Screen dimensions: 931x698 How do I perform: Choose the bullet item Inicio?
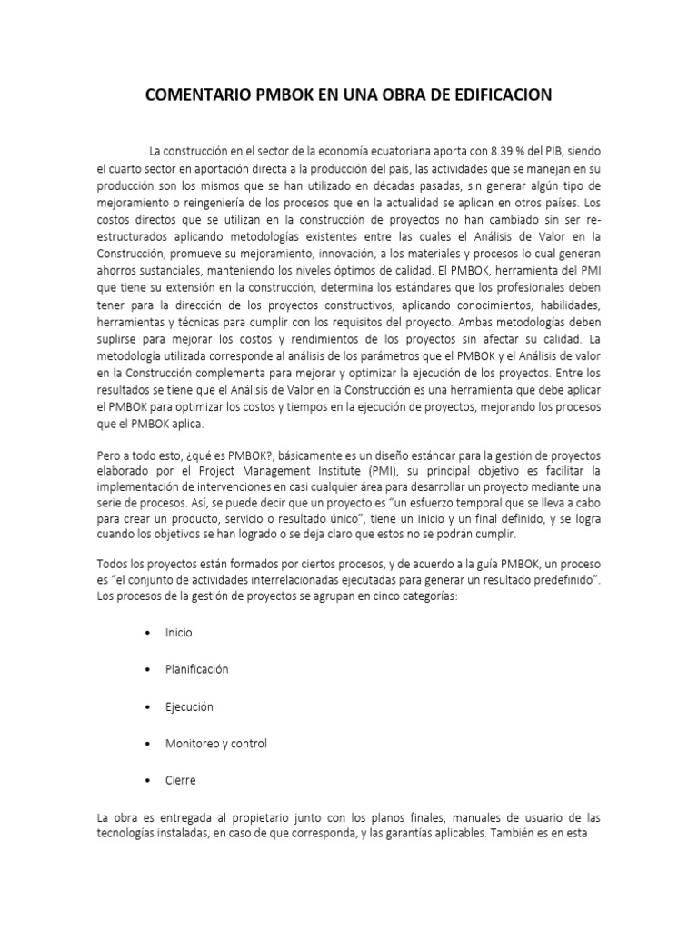point(178,632)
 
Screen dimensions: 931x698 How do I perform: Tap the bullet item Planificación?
point(196,669)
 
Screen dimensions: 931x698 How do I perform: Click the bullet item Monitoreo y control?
point(216,744)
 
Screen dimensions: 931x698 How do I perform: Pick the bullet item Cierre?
point(180,780)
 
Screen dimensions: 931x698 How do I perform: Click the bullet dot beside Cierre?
point(146,781)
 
